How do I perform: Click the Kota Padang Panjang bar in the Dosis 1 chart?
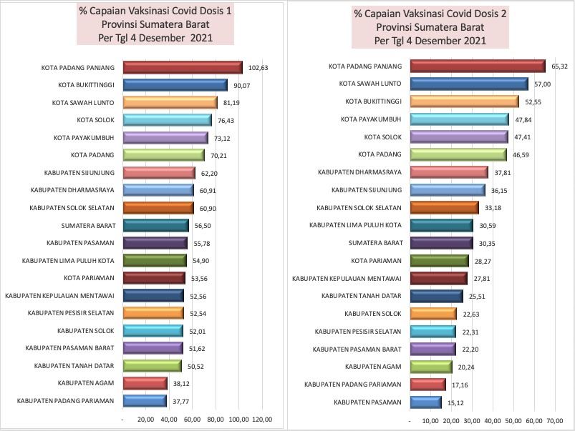tap(183, 68)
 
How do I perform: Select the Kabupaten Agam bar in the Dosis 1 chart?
tap(145, 383)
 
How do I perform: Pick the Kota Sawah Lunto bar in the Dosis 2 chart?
tap(468, 84)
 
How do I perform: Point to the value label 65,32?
tap(560, 66)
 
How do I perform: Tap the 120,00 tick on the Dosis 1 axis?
tap(262, 420)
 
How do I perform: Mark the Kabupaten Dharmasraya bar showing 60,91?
tap(158, 190)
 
